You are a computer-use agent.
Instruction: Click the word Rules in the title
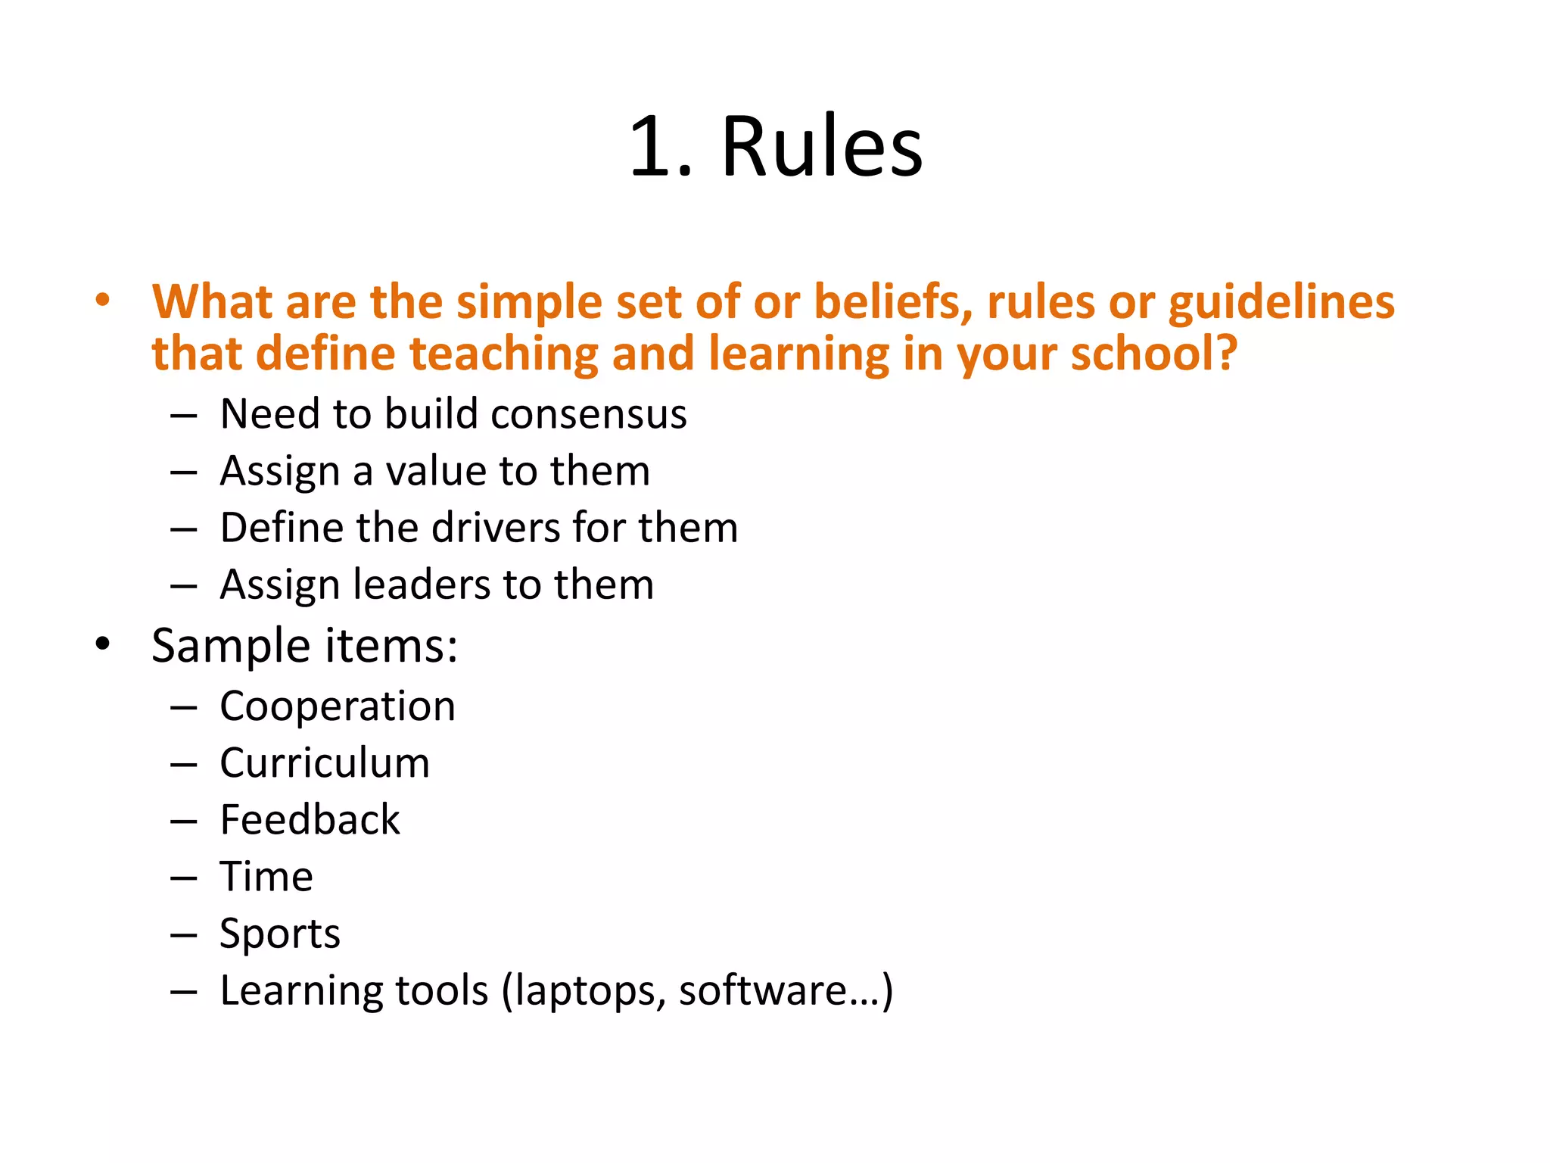[x=822, y=146]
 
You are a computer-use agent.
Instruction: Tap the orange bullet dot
[x=103, y=300]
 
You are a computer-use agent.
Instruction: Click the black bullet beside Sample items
[x=103, y=644]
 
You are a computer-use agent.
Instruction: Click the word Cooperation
[x=338, y=706]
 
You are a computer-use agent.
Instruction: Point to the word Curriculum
[x=325, y=762]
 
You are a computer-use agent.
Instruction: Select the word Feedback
[x=310, y=819]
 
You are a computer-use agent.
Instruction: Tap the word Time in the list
[x=266, y=876]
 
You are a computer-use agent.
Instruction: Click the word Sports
[x=280, y=934]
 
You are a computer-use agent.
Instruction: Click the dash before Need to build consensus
[x=184, y=416]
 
